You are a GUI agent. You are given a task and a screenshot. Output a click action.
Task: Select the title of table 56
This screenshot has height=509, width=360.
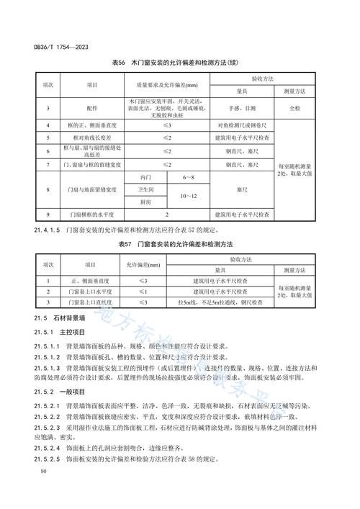tap(180, 66)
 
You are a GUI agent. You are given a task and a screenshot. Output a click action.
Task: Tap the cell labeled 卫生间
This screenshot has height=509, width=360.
tap(147, 189)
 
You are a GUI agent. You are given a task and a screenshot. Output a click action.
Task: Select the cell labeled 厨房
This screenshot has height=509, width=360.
tap(147, 202)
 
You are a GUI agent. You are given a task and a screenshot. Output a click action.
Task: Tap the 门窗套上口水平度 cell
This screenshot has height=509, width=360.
tap(91, 292)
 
